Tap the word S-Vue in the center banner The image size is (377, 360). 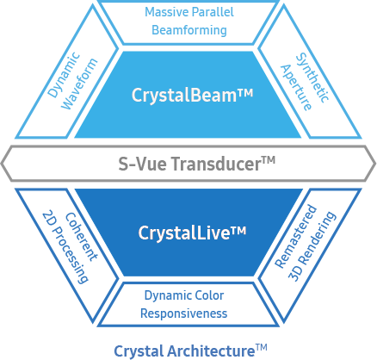pos(139,161)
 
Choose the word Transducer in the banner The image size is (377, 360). pos(211,161)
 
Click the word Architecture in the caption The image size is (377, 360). pos(207,350)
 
